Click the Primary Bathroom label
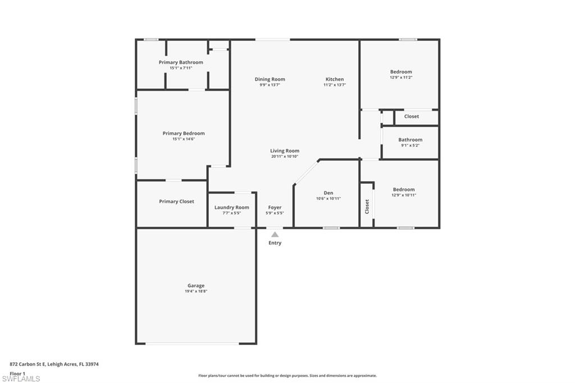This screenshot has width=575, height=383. [x=181, y=62]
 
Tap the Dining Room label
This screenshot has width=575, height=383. [x=270, y=79]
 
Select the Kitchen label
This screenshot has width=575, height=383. [x=335, y=79]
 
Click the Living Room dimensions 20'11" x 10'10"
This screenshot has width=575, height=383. [x=285, y=157]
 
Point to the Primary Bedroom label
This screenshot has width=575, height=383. [x=184, y=133]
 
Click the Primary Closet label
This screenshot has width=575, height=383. [x=176, y=201]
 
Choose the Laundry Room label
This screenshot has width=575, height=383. [x=232, y=207]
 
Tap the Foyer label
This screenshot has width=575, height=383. [x=275, y=207]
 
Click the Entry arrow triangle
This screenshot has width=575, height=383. [x=275, y=235]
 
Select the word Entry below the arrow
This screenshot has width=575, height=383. [x=275, y=243]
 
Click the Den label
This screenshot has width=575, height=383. [x=328, y=192]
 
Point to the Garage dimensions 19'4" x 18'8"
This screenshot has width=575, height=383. [x=196, y=291]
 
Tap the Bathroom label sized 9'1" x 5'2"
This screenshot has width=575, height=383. [x=410, y=140]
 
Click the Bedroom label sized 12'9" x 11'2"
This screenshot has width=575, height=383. [x=401, y=71]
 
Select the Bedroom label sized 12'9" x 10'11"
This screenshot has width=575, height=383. [x=404, y=189]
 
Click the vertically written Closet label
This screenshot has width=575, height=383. [x=367, y=206]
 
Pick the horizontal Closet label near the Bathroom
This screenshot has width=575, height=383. [x=412, y=116]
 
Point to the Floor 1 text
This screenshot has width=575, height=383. [x=17, y=373]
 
